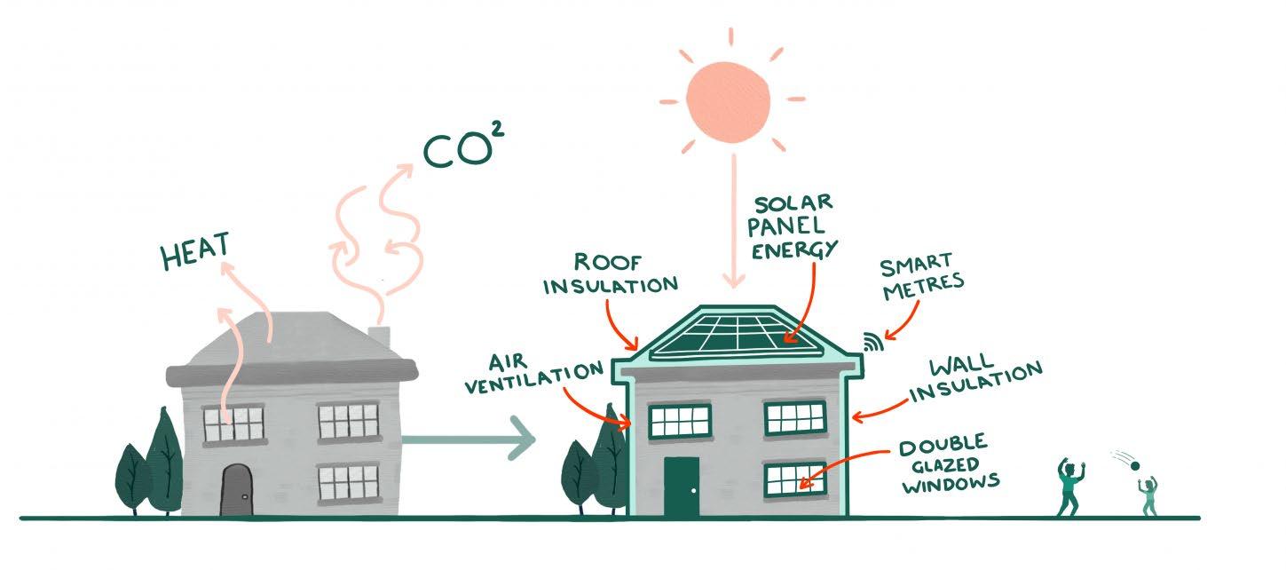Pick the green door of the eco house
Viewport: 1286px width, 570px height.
click(x=681, y=486)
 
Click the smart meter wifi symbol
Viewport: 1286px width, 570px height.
click(x=871, y=342)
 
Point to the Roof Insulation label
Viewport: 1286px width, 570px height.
click(x=610, y=274)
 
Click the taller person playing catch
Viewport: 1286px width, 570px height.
click(x=1069, y=486)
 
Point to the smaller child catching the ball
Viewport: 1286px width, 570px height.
click(x=1148, y=497)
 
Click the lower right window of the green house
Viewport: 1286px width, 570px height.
click(x=794, y=479)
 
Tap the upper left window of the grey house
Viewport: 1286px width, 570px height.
click(x=233, y=424)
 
